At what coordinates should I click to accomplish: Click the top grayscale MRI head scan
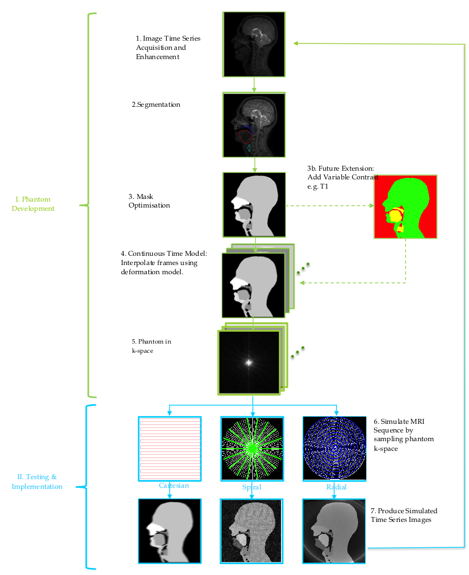pyautogui.click(x=253, y=44)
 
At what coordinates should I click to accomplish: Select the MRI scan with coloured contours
pyautogui.click(x=253, y=125)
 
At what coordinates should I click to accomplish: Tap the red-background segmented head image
pyautogui.click(x=405, y=206)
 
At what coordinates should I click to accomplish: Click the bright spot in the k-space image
pyautogui.click(x=249, y=363)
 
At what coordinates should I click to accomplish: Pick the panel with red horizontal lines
pyautogui.click(x=170, y=448)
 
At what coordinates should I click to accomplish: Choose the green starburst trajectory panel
pyautogui.click(x=252, y=448)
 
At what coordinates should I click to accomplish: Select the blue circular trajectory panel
pyautogui.click(x=334, y=448)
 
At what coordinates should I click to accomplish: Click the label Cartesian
pyautogui.click(x=174, y=486)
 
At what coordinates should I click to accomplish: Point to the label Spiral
pyautogui.click(x=252, y=487)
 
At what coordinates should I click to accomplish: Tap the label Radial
pyautogui.click(x=336, y=487)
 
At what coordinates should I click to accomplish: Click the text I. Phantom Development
pyautogui.click(x=33, y=204)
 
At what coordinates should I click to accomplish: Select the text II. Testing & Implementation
pyautogui.click(x=37, y=482)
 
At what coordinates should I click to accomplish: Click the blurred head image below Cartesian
pyautogui.click(x=170, y=531)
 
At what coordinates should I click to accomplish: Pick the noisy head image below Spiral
pyautogui.click(x=251, y=531)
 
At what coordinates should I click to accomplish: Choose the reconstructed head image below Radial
pyautogui.click(x=334, y=531)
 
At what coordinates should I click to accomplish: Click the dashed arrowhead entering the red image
pyautogui.click(x=371, y=206)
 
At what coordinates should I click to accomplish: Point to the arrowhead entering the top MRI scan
pyautogui.click(x=296, y=43)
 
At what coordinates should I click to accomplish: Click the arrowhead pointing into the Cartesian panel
pyautogui.click(x=170, y=413)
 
